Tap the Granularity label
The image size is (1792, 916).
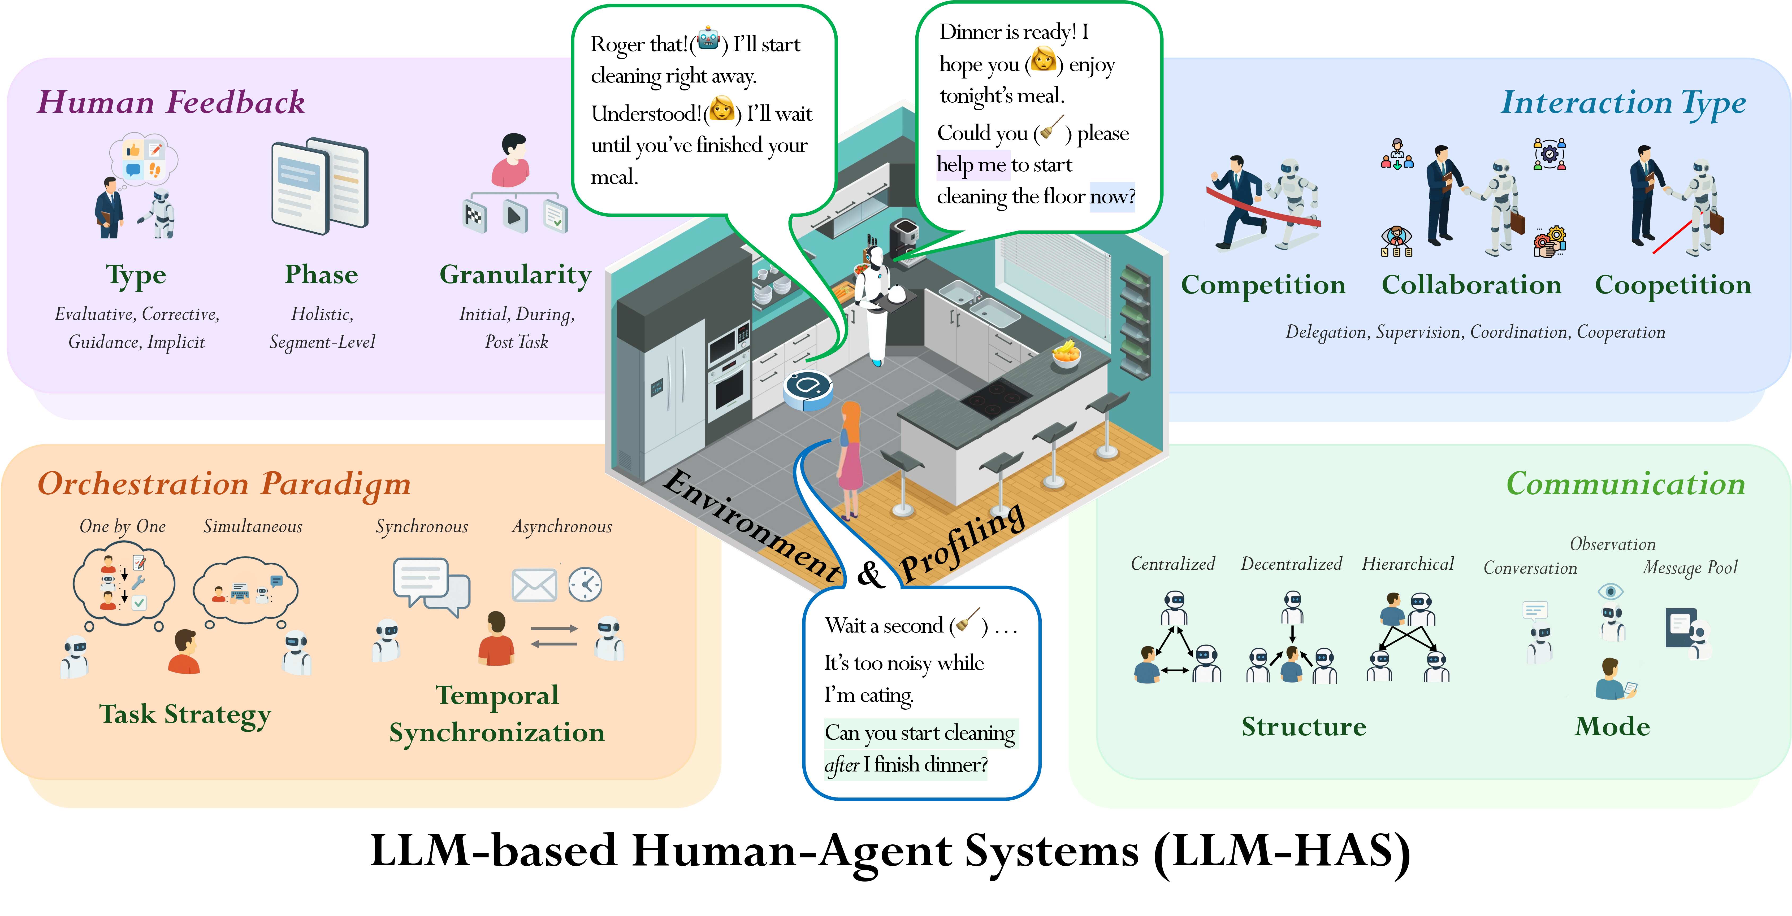point(516,275)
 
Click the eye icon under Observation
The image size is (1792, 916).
point(1611,591)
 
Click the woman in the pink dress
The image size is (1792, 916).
point(850,459)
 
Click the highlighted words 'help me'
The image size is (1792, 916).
point(971,165)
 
